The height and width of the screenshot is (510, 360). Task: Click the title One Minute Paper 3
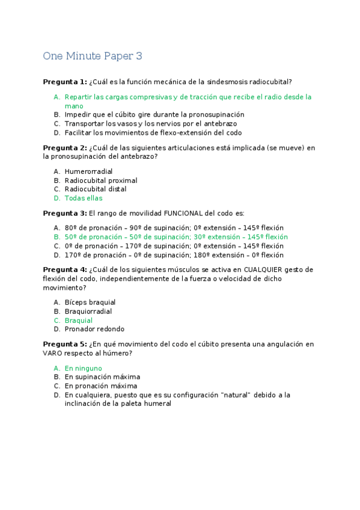[x=93, y=56]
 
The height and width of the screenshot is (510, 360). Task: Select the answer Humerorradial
[x=88, y=171]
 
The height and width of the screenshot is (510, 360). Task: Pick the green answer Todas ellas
[x=84, y=198]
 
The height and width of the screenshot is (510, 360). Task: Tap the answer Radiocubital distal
[x=95, y=189]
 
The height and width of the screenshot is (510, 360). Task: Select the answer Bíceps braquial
[x=90, y=302]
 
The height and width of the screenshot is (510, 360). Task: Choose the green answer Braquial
[x=79, y=321]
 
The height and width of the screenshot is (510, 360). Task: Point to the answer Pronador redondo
[x=94, y=329]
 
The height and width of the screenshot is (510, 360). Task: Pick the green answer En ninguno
[x=84, y=368]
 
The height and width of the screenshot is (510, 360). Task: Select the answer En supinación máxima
[x=102, y=376]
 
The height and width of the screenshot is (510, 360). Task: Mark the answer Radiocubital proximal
[x=101, y=180]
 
